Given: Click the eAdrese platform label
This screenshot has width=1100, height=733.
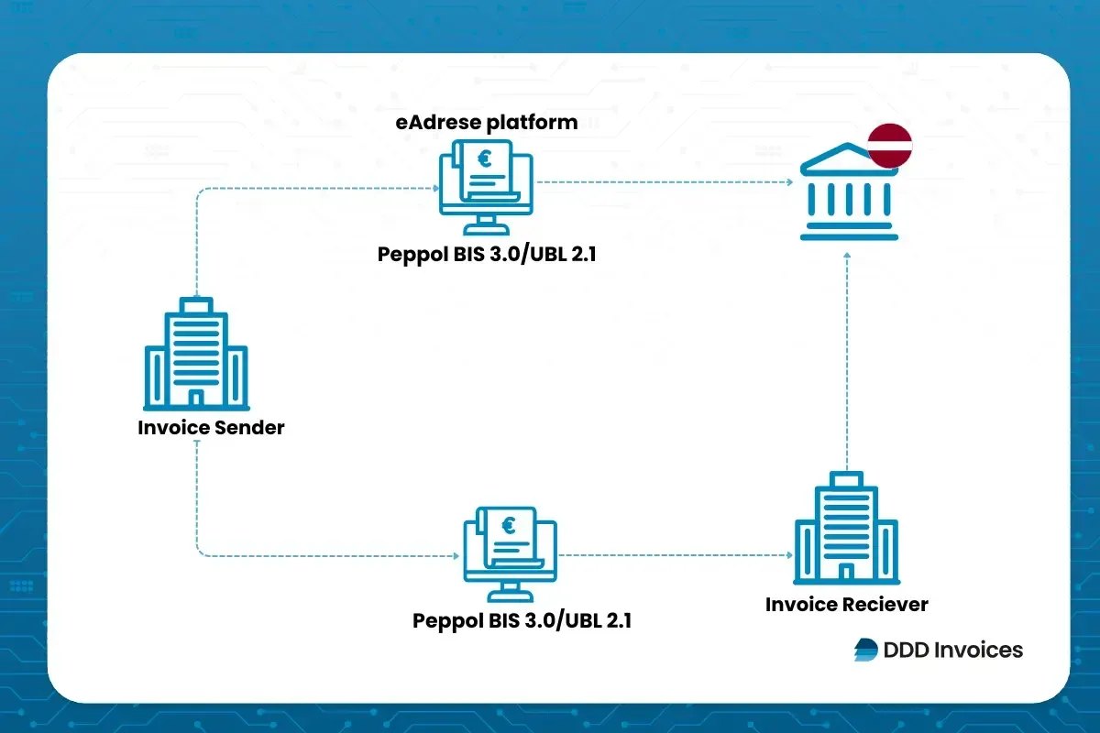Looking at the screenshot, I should coord(486,123).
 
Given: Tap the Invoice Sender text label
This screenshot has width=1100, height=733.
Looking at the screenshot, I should coord(211,428).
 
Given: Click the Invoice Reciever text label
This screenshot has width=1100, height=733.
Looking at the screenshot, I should coord(846,605).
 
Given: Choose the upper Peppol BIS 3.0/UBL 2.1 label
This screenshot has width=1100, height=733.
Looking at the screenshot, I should coord(487,255).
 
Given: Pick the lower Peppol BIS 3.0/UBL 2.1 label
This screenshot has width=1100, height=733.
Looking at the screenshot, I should coord(522,620).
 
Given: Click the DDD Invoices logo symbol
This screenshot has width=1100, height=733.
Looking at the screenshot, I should coord(865,650).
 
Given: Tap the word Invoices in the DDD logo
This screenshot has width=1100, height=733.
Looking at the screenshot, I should coord(978,650).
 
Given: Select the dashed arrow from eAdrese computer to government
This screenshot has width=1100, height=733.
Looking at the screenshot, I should coord(664,182).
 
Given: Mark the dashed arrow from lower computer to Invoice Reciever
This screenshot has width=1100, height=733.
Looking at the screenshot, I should coord(675,555).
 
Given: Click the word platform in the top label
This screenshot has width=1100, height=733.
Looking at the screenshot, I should coord(534,123).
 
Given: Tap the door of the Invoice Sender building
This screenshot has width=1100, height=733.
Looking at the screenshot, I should coord(195,398).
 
